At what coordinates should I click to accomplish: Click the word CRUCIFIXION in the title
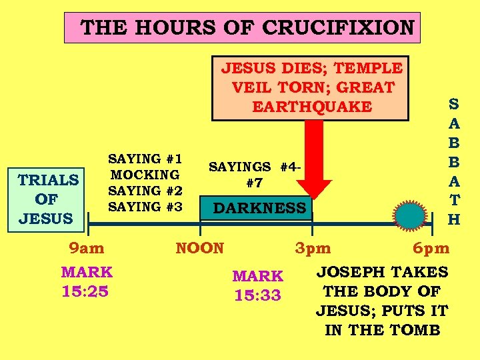tap(339, 28)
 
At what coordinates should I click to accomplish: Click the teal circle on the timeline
tap(409, 216)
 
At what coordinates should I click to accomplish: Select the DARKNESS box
tap(259, 209)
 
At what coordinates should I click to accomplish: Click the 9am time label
tap(87, 249)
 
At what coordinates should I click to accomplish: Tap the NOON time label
tap(199, 249)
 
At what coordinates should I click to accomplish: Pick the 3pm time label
tap(313, 249)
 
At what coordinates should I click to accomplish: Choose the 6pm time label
tap(431, 249)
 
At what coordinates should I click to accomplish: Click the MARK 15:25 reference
tap(87, 281)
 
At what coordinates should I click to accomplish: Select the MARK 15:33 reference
tap(257, 285)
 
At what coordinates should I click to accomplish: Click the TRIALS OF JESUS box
tap(48, 199)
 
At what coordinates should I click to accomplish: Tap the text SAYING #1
tap(145, 159)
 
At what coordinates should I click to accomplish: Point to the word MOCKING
tap(145, 175)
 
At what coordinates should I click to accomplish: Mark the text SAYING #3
tap(145, 207)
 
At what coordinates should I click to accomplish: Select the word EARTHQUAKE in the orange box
tap(311, 107)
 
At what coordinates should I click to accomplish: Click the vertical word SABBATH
tap(453, 161)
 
